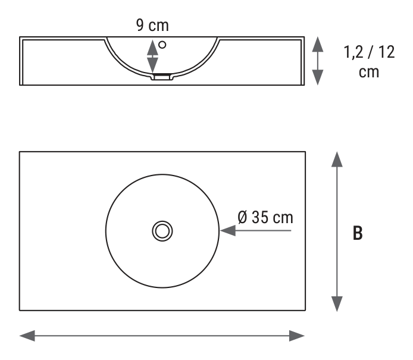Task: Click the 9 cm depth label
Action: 152,25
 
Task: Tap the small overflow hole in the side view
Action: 162,45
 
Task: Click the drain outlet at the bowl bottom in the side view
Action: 162,77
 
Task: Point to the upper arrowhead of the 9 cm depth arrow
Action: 152,48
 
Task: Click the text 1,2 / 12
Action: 370,52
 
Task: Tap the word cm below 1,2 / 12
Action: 369,72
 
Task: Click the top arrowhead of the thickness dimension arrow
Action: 318,44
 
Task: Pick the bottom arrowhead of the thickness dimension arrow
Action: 318,77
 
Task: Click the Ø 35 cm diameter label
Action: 265,218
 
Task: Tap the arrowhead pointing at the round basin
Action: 228,231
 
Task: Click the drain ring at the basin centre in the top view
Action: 162,231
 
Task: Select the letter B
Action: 358,233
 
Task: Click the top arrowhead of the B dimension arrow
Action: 337,159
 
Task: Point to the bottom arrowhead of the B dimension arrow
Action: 337,304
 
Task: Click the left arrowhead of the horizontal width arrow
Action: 27,336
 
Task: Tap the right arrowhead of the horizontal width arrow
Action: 297,336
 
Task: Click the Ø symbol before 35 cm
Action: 243,218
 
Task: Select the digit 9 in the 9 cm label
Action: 140,25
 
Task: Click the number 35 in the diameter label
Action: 260,218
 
